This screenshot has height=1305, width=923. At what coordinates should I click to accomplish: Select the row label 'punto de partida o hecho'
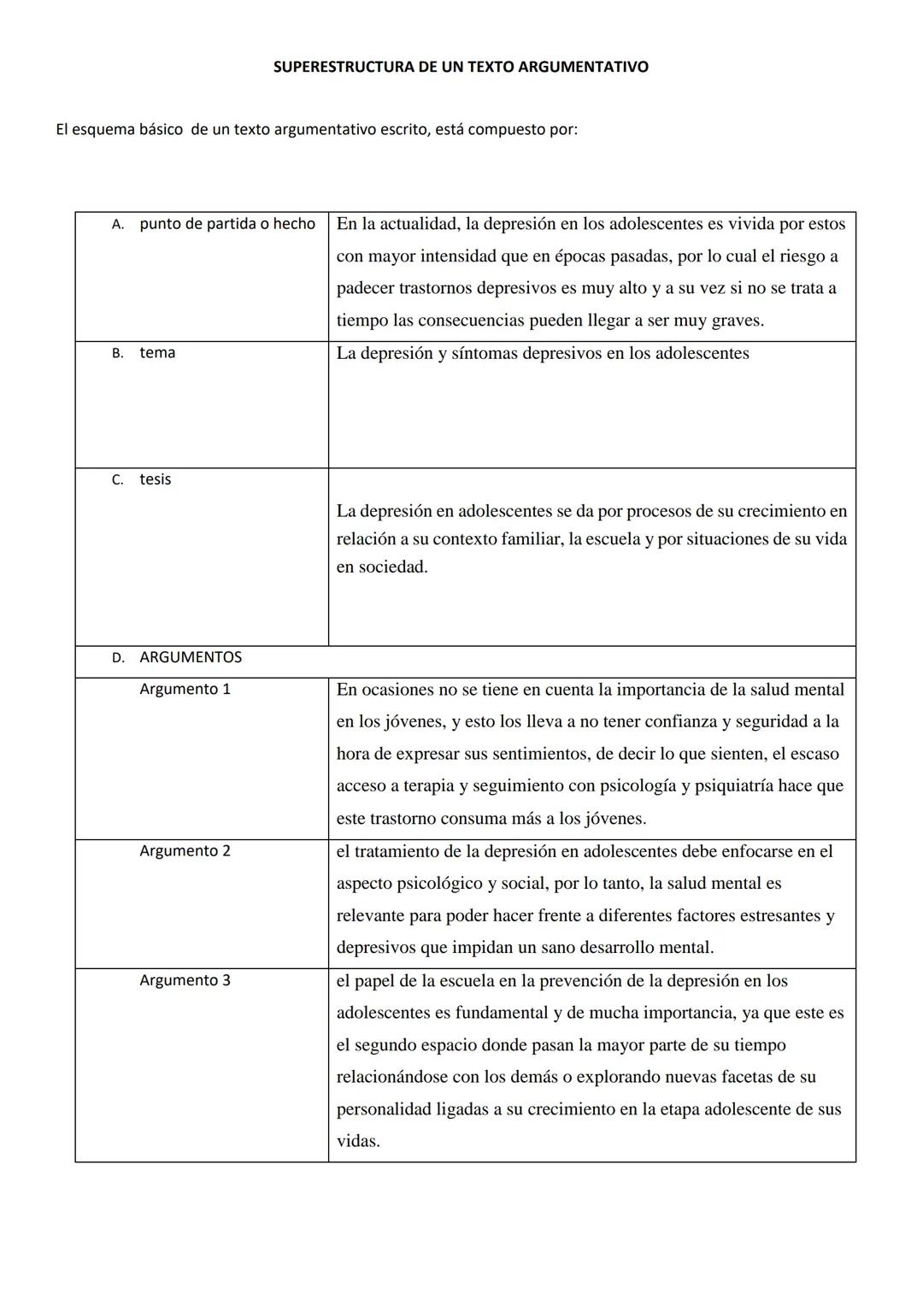coord(227,224)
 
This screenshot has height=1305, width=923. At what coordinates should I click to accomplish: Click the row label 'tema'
coord(157,353)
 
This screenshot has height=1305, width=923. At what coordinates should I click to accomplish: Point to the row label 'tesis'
coord(155,479)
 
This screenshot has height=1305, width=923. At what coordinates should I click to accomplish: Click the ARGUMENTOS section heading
coord(190,657)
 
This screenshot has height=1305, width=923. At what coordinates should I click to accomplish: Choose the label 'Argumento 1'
coord(185,689)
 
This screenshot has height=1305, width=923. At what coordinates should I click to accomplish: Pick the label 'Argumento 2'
coord(185,851)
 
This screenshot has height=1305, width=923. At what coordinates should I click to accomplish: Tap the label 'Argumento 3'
coord(185,980)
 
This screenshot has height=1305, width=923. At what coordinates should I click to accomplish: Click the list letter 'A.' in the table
coord(118,225)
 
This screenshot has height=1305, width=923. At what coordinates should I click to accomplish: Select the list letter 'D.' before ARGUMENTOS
coord(118,658)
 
